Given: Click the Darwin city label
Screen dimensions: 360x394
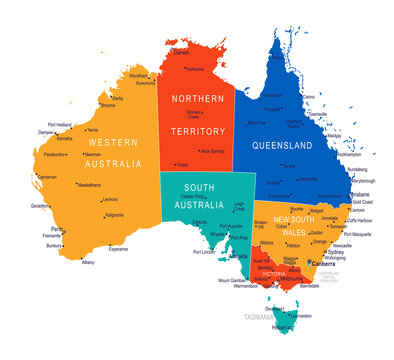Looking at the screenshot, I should coord(182,53).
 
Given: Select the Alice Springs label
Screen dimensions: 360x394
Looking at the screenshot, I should coord(212,150).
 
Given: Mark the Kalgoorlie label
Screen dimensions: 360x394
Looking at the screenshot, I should coord(115,215).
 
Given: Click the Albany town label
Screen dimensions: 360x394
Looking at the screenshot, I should coord(88,262).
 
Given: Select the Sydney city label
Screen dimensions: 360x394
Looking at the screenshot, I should coord(336,253).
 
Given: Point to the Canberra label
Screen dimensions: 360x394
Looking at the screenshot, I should coord(322,265).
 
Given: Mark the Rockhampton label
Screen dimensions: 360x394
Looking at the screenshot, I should coord(350,155).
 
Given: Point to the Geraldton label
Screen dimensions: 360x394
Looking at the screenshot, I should coord(40,205).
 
